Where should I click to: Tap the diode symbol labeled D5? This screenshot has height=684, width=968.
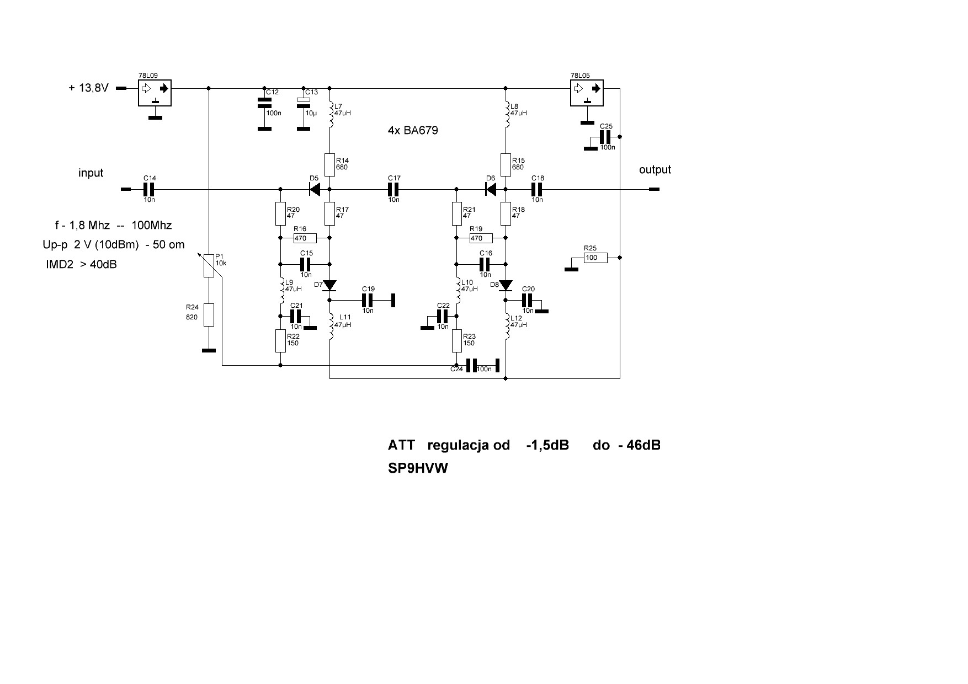click(x=315, y=189)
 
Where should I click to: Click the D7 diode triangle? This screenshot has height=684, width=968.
click(x=330, y=285)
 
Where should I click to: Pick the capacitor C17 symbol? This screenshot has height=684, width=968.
click(x=392, y=189)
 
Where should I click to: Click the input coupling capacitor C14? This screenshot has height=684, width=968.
click(x=148, y=189)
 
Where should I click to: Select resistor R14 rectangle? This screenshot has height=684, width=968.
click(x=330, y=164)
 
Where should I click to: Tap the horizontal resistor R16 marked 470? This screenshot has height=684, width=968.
click(x=305, y=238)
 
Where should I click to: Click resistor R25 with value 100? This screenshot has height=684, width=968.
click(x=595, y=258)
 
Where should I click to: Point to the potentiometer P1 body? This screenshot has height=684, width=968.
click(x=209, y=265)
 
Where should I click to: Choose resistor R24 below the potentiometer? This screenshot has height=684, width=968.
click(x=209, y=314)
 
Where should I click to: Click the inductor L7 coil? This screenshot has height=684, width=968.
click(x=331, y=114)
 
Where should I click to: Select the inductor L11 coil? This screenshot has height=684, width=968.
click(x=331, y=327)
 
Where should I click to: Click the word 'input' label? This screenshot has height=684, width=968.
click(x=91, y=173)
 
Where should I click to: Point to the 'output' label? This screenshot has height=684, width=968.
click(x=655, y=170)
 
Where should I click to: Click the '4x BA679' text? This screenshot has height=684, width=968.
click(x=413, y=131)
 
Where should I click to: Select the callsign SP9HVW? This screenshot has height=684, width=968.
click(x=418, y=468)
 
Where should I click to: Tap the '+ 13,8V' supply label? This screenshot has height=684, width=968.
click(x=88, y=88)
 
